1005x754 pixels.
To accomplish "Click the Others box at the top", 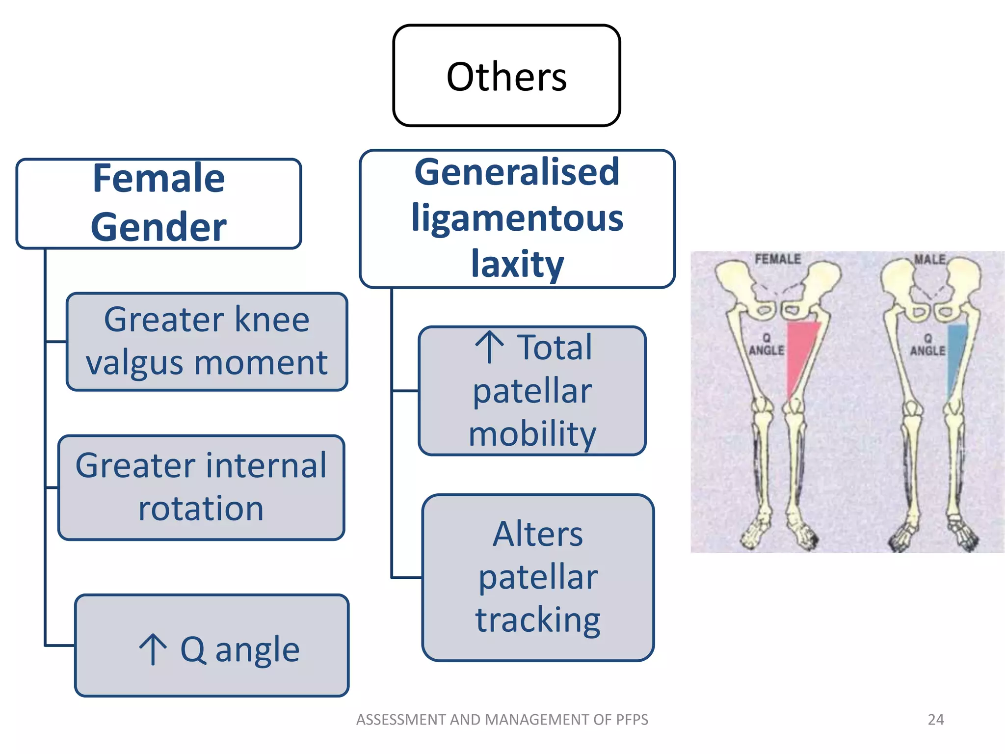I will click(x=506, y=76).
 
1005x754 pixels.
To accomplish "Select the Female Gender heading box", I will click(x=159, y=203).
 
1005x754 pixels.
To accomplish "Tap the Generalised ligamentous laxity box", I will click(x=517, y=218).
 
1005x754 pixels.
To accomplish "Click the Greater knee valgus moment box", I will click(x=207, y=342).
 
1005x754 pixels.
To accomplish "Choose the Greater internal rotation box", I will click(x=201, y=487).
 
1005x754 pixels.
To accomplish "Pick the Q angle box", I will click(x=212, y=646).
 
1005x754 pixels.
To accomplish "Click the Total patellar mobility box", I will click(x=532, y=391).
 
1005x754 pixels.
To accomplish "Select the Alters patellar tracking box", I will click(x=538, y=577).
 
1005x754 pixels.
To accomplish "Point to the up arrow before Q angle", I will click(x=153, y=649).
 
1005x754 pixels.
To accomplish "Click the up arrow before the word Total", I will click(x=489, y=347).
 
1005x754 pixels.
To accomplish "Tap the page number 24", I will click(x=935, y=720).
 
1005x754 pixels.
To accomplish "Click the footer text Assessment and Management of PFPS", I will click(x=502, y=720).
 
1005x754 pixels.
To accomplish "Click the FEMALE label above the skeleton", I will click(x=777, y=259).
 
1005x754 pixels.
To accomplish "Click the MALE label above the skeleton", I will click(x=929, y=259).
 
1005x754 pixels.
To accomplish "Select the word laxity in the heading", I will click(x=517, y=264).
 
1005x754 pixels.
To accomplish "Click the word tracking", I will click(x=538, y=620).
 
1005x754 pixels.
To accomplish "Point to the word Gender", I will click(x=159, y=227).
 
